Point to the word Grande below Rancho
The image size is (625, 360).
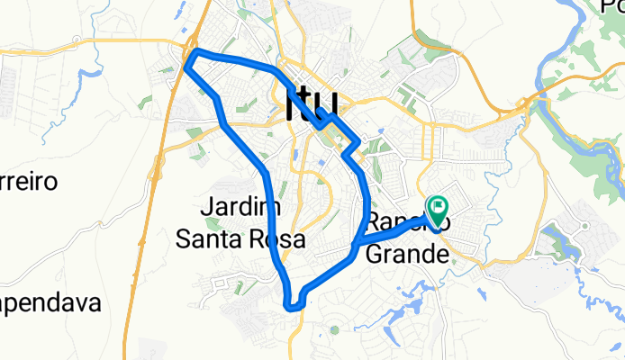(407, 255)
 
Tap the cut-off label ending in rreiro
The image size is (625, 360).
(29, 183)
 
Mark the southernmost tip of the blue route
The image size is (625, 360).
(291, 306)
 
